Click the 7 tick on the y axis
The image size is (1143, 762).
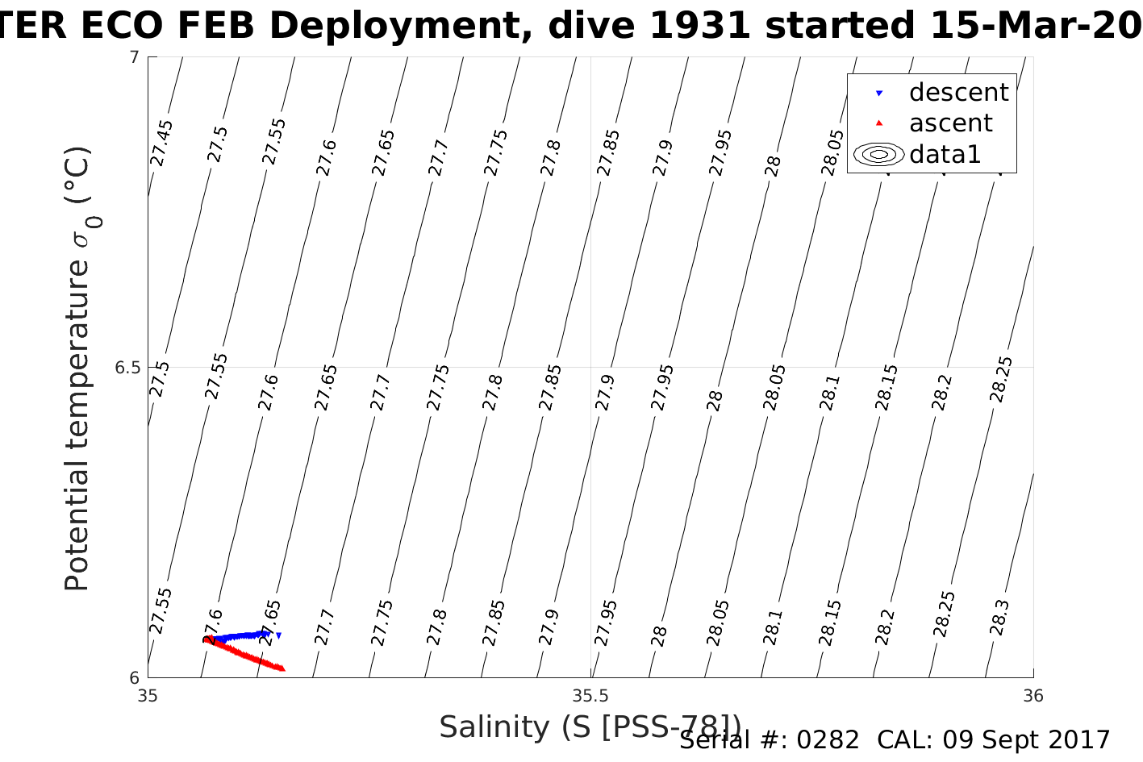134,57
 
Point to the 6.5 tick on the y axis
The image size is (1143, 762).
127,368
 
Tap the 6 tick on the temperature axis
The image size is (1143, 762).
134,677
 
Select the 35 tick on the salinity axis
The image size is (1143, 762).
148,696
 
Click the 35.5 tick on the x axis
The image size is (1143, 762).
590,696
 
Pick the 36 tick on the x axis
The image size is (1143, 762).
1032,696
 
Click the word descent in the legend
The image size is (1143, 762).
958,93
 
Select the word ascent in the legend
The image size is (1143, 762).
950,123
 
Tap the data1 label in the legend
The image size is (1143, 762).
945,154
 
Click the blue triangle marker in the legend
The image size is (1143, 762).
879,94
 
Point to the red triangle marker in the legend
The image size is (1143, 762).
879,123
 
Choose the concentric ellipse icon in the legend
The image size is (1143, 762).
878,154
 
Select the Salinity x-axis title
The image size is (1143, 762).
589,727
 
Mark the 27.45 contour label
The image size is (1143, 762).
161,143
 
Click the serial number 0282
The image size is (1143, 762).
828,740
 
